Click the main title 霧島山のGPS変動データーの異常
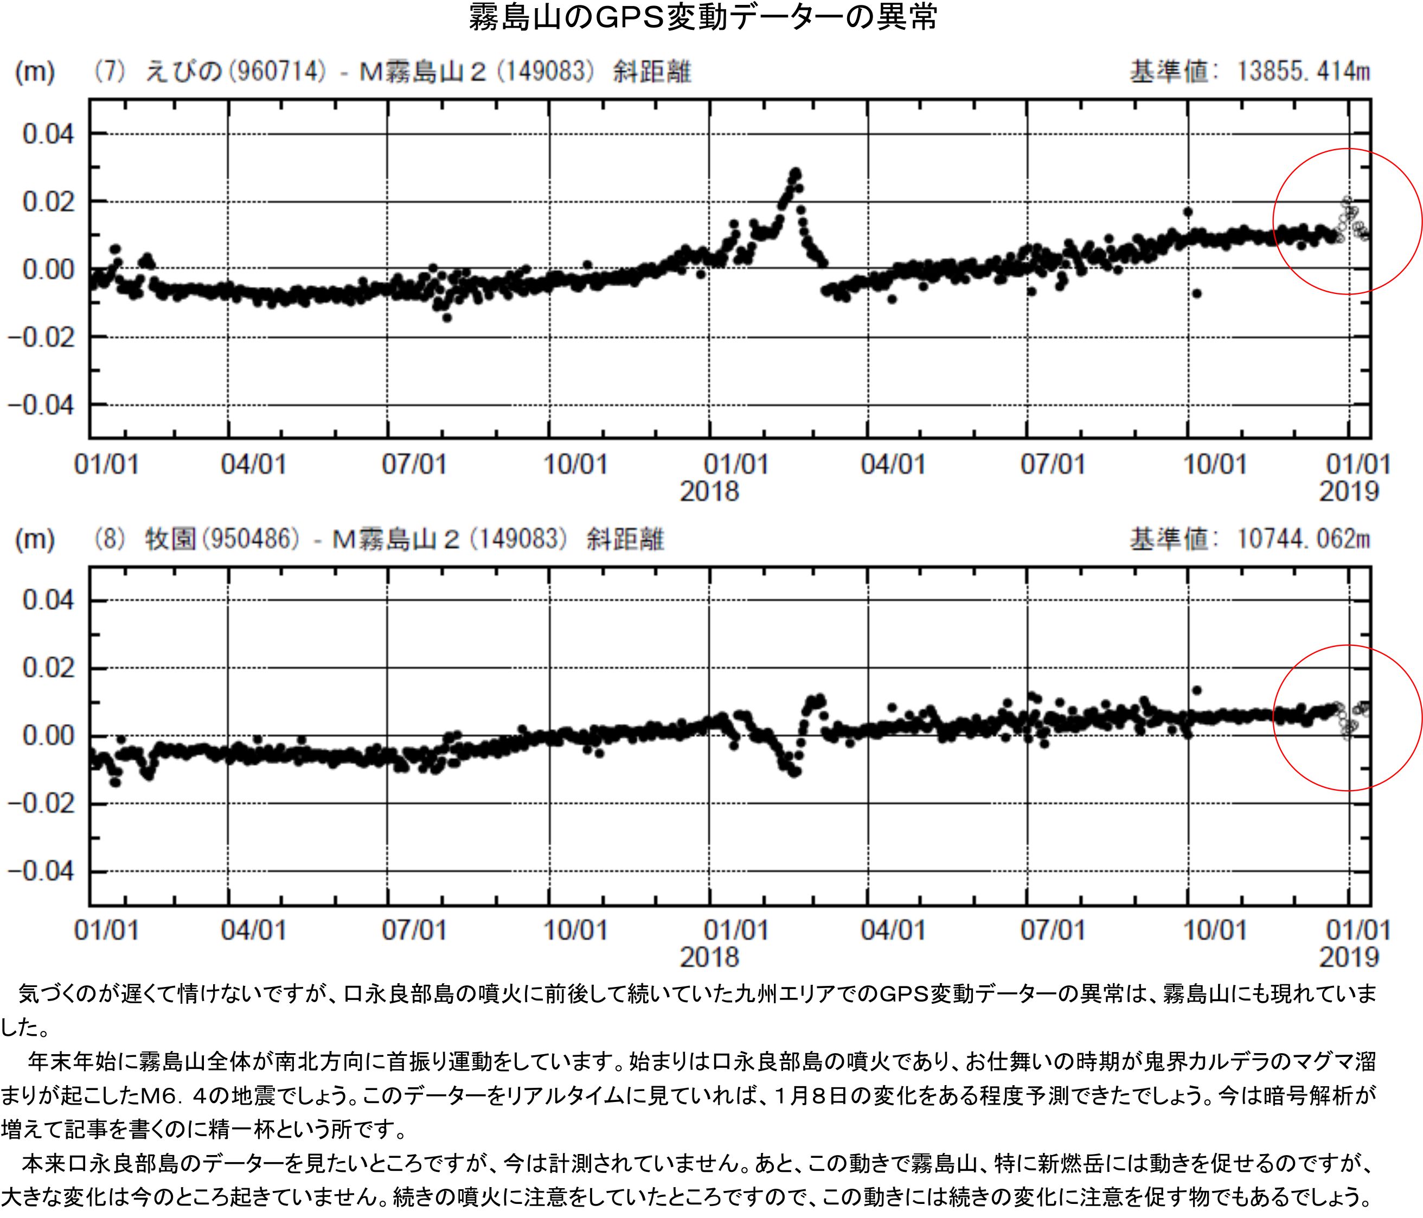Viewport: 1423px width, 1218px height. tap(703, 18)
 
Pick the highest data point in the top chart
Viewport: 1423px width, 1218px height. tap(796, 172)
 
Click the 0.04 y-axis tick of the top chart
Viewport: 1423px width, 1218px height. tap(48, 134)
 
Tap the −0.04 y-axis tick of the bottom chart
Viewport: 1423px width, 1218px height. tap(41, 872)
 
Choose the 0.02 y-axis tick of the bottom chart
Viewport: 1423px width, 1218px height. tap(48, 668)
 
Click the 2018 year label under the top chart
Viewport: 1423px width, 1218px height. tap(709, 492)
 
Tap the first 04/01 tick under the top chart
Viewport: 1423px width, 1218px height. tap(253, 465)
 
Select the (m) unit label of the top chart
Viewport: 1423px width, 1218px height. tap(34, 72)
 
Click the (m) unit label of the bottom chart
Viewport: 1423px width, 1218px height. tap(34, 539)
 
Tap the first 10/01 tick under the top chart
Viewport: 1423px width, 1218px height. tap(575, 465)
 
